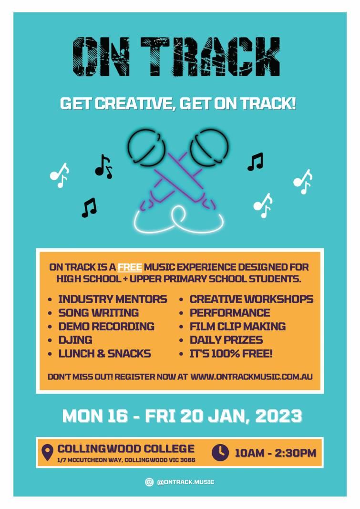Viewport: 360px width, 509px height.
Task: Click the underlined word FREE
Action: pyautogui.click(x=130, y=267)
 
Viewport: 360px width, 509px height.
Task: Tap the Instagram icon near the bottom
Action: pyautogui.click(x=149, y=482)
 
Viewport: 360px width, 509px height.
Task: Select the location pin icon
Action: pyautogui.click(x=47, y=452)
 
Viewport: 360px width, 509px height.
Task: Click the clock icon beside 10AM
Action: pyautogui.click(x=220, y=452)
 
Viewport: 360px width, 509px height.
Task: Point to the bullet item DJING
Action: pyautogui.click(x=75, y=340)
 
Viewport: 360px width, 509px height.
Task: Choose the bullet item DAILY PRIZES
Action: pyautogui.click(x=226, y=340)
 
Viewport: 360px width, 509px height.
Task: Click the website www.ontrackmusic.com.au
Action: pyautogui.click(x=251, y=377)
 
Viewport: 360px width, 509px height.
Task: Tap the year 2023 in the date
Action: pyautogui.click(x=279, y=416)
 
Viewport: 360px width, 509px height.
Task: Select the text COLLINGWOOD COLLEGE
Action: pyautogui.click(x=126, y=448)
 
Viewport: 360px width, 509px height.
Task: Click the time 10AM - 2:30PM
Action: pyautogui.click(x=276, y=453)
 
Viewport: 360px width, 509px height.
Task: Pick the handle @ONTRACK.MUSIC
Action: pyautogui.click(x=185, y=482)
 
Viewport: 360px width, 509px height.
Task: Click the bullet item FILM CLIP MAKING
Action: pyautogui.click(x=238, y=326)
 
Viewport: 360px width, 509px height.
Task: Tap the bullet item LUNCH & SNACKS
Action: pyautogui.click(x=104, y=354)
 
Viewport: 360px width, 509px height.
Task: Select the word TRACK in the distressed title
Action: pyautogui.click(x=210, y=57)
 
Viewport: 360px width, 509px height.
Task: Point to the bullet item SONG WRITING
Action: pyautogui.click(x=98, y=313)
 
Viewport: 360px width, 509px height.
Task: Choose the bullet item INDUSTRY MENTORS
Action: pyautogui.click(x=113, y=299)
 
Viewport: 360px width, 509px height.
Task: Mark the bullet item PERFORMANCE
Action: pyautogui.click(x=230, y=313)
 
